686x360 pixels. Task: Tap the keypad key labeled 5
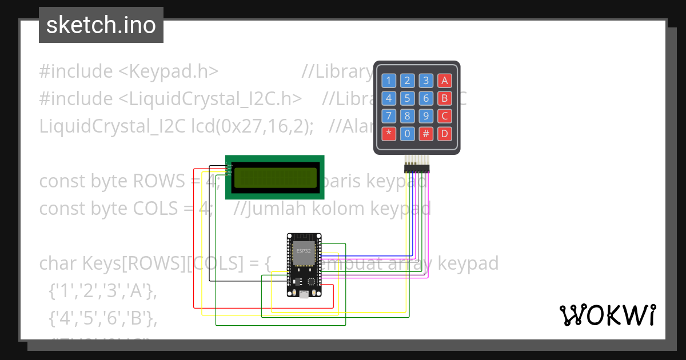click(407, 98)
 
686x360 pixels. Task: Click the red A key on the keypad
click(444, 81)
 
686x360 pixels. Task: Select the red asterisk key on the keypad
click(389, 134)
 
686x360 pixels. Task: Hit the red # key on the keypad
click(426, 134)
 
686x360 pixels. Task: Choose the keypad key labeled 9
click(426, 117)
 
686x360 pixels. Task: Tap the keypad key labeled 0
click(407, 134)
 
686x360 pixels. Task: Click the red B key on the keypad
click(444, 98)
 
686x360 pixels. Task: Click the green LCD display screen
click(275, 178)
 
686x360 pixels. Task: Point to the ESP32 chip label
click(304, 250)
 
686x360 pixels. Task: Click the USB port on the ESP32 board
click(304, 294)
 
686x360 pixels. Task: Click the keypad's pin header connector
click(417, 167)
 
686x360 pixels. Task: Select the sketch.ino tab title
click(101, 25)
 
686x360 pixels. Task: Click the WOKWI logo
click(607, 315)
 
